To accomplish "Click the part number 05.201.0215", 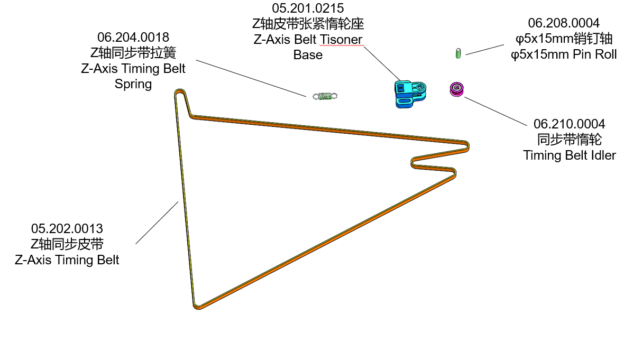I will (308, 9).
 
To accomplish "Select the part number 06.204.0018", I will (133, 38).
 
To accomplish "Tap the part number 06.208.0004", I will (564, 23).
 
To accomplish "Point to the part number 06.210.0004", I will (570, 124).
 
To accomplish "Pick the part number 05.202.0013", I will (67, 229).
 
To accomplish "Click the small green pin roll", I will (458, 53).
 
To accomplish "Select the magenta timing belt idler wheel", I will (456, 89).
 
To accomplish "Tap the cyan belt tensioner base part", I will (409, 94).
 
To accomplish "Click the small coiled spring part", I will (325, 96).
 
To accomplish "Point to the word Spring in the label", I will (133, 84).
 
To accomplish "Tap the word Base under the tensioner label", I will (308, 55).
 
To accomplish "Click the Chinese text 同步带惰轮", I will (570, 140).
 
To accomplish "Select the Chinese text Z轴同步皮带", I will (67, 244).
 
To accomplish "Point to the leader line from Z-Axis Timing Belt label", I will (157, 223).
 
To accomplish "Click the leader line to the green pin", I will (484, 49).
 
